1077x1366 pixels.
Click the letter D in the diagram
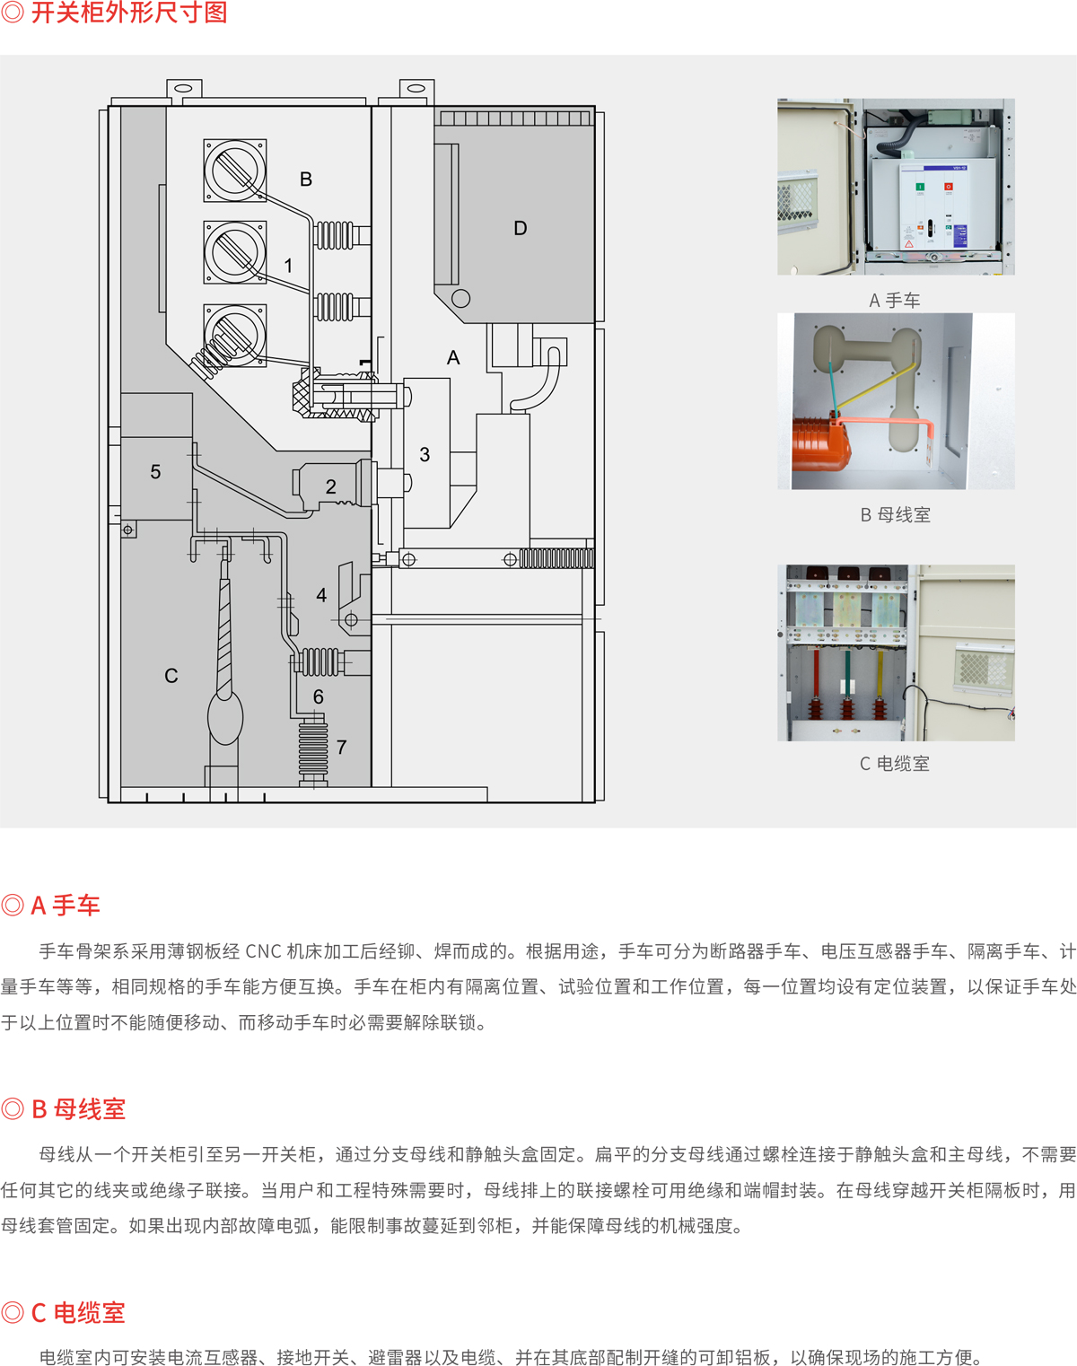(520, 228)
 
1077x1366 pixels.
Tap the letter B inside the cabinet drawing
(306, 179)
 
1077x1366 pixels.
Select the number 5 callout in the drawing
(155, 471)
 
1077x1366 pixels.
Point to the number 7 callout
(341, 747)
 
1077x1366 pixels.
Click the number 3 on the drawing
(425, 454)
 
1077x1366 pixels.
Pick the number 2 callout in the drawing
(330, 486)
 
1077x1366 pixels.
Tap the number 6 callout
(319, 697)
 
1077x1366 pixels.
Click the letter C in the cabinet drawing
(171, 676)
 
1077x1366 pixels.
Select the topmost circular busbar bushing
(235, 171)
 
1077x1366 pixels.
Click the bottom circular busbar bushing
(235, 336)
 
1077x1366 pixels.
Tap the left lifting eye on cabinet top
(184, 88)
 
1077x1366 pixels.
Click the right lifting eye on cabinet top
(416, 88)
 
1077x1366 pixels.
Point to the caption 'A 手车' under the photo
(894, 301)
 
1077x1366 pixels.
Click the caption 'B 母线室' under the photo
(896, 515)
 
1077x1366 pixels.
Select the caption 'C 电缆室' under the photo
(894, 764)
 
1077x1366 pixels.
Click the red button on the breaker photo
(948, 187)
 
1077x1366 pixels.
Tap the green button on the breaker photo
(919, 187)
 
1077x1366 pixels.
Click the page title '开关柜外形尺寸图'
(129, 13)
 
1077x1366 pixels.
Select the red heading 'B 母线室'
(79, 1109)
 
